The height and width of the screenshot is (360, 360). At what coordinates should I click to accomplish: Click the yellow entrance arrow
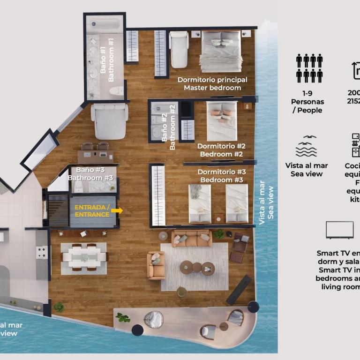click(x=117, y=211)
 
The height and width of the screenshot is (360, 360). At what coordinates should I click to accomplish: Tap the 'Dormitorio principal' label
click(x=212, y=80)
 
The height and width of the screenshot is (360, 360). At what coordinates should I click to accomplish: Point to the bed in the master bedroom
click(x=221, y=51)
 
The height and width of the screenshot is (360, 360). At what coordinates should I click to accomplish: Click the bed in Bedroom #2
click(x=221, y=120)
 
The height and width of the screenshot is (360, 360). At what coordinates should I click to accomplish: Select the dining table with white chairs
click(x=83, y=257)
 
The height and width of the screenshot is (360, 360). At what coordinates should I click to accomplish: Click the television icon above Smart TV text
click(x=339, y=230)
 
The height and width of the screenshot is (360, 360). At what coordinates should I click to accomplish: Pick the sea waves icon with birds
click(x=306, y=147)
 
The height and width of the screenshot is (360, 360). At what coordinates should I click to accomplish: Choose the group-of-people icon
click(x=309, y=68)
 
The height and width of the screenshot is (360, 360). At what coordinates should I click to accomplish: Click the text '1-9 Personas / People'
click(x=307, y=102)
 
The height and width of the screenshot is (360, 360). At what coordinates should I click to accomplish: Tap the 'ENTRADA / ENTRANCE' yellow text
click(x=92, y=211)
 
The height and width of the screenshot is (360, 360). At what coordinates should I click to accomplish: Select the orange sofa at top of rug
click(x=191, y=239)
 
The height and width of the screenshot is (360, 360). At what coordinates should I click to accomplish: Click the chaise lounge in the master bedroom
click(x=179, y=49)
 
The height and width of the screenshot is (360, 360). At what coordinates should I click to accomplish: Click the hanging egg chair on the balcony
click(x=153, y=320)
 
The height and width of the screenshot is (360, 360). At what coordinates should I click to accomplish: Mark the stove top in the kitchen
click(x=41, y=253)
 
